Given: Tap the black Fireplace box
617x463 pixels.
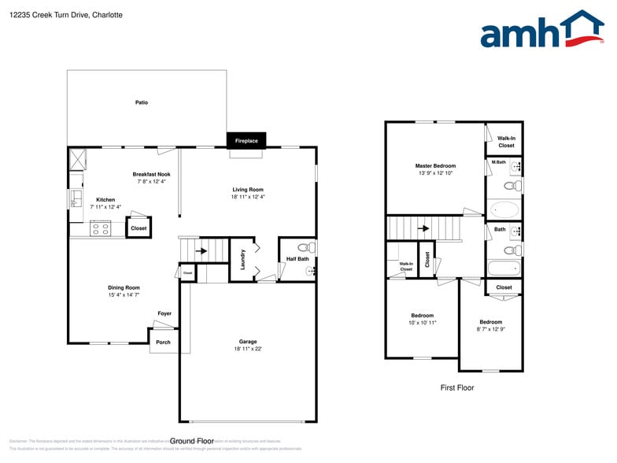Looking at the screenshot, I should tap(246, 140).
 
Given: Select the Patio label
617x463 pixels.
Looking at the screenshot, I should tap(142, 102).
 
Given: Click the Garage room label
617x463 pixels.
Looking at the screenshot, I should tap(248, 342).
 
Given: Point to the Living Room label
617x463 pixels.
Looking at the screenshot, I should tap(248, 189).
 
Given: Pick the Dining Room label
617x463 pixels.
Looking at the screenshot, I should tap(124, 287).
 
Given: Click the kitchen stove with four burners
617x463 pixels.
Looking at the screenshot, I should tap(101, 228).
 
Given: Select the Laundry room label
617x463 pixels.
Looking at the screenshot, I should tap(243, 259).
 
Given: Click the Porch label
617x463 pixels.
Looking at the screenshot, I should tap(163, 342).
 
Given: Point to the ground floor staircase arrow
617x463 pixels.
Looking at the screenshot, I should tap(200, 252).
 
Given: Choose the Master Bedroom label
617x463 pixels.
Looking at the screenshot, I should tap(435, 165).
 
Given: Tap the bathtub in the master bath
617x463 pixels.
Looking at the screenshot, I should tap(504, 210).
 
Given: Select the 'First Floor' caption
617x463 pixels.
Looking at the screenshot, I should tap(457, 387).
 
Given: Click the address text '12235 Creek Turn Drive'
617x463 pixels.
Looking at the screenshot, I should tap(50, 14).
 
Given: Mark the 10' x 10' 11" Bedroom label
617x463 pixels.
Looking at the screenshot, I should tap(422, 316).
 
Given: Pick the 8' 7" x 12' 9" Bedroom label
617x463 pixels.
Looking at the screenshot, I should tap(491, 322).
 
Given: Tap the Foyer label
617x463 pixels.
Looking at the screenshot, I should tap(164, 313).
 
